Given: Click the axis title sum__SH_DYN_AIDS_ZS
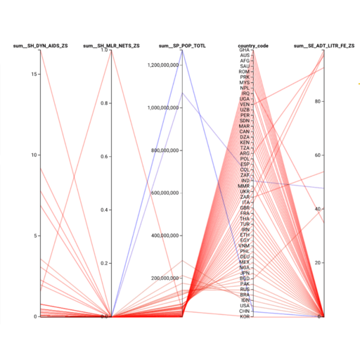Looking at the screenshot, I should (x=41, y=46).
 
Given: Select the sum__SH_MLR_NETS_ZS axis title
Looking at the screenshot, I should (x=111, y=46).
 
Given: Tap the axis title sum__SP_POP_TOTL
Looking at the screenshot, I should (x=182, y=46).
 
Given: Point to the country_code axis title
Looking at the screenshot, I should (x=253, y=46).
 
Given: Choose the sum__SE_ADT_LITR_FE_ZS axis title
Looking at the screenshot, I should (x=324, y=46).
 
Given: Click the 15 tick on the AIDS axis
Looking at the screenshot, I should (x=34, y=74).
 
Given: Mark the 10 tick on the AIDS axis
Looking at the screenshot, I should (x=34, y=155).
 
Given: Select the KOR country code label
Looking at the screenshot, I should (x=245, y=317).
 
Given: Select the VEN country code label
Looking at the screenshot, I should (x=245, y=105).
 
